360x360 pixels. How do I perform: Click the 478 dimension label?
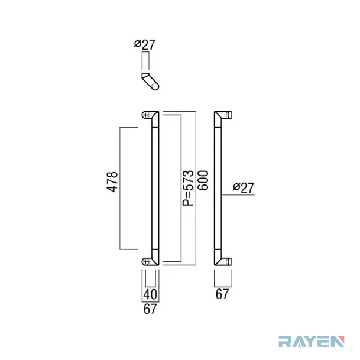coord(112,182)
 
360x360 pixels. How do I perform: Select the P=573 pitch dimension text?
coord(188,188)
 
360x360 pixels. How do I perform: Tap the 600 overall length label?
coord(203,180)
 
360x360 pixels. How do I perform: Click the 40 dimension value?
coord(150,294)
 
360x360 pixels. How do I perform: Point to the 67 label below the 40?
coord(150,309)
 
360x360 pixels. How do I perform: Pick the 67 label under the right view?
coord(222,294)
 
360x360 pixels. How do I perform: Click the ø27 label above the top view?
coord(145,44)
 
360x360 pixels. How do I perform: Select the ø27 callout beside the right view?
coord(244,187)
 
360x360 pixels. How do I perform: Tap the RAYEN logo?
coord(312,341)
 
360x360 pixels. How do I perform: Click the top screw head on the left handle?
coord(146,115)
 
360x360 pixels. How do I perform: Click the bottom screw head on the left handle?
coord(146,261)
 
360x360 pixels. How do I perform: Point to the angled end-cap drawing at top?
coord(150,81)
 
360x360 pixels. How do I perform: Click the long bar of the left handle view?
coord(155,188)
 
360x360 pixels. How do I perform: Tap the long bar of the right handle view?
coord(218,188)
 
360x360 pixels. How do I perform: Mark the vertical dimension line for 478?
coord(120,188)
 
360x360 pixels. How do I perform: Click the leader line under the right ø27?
coord(238,195)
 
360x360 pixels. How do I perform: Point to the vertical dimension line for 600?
coord(196,188)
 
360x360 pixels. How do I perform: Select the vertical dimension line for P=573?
coord(181,188)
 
